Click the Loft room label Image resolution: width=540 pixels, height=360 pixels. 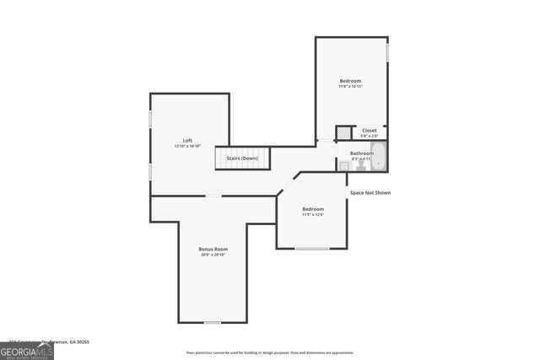point(188,140)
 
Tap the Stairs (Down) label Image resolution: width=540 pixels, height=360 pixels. point(242,159)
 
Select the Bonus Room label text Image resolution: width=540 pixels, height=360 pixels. point(213,249)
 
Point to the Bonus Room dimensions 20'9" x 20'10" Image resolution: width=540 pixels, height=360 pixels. point(213,255)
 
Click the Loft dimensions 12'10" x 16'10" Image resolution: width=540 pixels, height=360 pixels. point(188,146)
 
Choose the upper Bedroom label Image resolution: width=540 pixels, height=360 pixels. point(350,81)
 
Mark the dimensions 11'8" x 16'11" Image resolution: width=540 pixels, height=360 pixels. point(350,87)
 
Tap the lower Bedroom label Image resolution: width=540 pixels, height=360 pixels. point(313,208)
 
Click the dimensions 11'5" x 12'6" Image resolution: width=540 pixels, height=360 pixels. point(313,214)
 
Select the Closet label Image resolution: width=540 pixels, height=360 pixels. point(370,130)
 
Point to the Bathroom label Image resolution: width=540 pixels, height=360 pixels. point(361,153)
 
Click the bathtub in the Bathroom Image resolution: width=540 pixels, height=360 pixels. point(379,157)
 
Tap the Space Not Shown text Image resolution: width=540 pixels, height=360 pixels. point(370,192)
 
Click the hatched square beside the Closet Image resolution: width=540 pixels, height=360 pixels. point(343,133)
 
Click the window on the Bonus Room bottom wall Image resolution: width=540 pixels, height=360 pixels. point(213,322)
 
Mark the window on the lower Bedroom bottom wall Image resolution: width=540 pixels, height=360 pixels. point(311,249)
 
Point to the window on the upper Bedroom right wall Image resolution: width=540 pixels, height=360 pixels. point(388,51)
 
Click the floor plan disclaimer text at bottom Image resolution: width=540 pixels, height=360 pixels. point(269,353)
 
